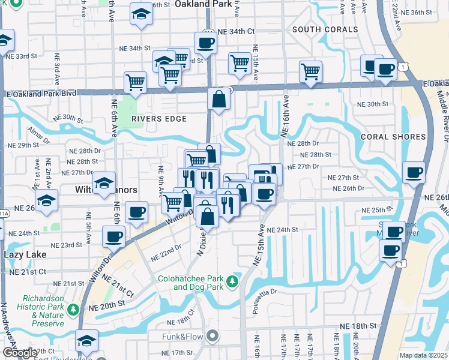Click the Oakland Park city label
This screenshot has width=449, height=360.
click(203, 4)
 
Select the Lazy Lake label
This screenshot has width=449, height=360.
click(25, 254)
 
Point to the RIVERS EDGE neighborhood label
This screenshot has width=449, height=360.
click(159, 119)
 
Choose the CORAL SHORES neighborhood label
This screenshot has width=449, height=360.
click(393, 137)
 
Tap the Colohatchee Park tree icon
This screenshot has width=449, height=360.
click(231, 280)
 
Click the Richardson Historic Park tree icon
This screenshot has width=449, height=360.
click(73, 310)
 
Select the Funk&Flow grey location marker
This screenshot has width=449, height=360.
click(211, 336)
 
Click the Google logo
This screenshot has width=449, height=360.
click(20, 353)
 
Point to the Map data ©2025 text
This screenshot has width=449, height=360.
click(423, 355)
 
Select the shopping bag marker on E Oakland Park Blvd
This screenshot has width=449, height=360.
click(219, 99)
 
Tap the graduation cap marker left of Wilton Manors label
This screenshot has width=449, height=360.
click(104, 181)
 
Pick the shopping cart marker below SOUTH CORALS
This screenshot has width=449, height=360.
click(311, 71)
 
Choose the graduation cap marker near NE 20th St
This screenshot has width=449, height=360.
click(87, 340)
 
